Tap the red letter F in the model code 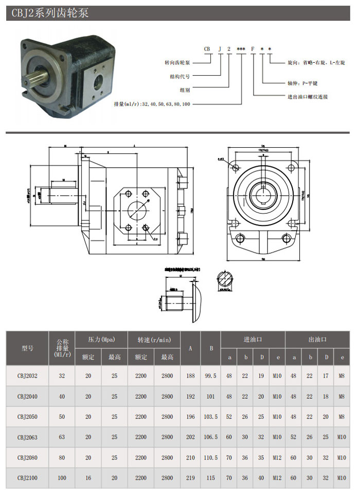(x=253, y=49)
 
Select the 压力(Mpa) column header (x=101, y=339)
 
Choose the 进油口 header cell (x=253, y=339)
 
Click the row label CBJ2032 (x=27, y=376)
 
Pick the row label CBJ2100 (x=27, y=478)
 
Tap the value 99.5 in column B (x=210, y=376)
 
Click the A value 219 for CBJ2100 (x=190, y=478)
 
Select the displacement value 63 (x=62, y=437)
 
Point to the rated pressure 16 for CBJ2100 (x=88, y=478)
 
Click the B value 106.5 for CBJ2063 (x=210, y=437)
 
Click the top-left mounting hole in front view (x=236, y=167)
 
